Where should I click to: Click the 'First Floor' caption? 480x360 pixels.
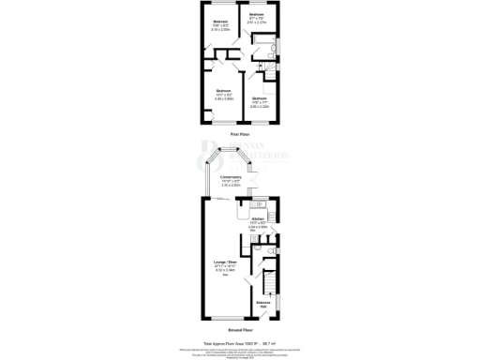click(239, 134)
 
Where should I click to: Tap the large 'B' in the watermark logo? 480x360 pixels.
click(208, 156)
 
